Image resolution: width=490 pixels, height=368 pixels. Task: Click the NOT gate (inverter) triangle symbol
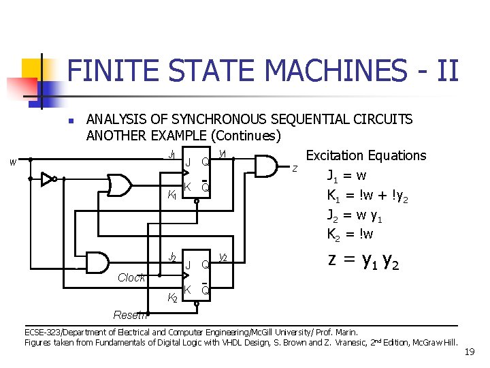point(47,179)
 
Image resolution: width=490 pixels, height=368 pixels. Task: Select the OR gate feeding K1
point(120,185)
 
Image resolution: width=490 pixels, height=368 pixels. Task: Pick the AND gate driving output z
point(267,164)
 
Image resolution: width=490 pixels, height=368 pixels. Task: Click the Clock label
point(131,277)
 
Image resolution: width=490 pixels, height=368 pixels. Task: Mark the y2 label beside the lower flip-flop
point(223,257)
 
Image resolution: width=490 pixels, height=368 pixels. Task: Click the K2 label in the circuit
point(172,297)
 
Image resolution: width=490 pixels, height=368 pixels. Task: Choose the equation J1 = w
point(347,174)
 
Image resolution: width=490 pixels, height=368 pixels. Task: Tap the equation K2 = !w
point(350,234)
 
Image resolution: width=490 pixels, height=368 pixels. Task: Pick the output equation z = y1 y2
point(363,260)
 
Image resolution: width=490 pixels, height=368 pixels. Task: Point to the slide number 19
point(469,352)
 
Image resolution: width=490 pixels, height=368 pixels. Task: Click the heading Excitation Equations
point(366,155)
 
